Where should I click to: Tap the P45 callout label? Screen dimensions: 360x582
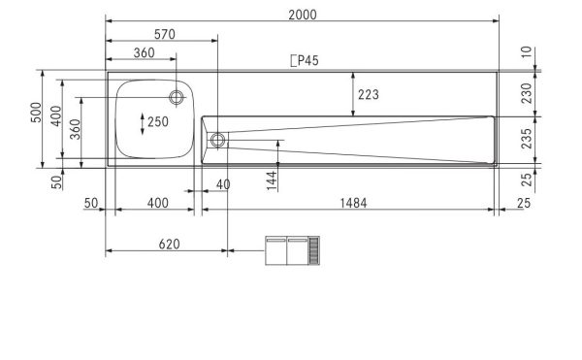pos(305,60)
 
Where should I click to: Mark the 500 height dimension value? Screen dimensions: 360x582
pos(36,118)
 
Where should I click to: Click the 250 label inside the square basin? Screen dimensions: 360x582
pos(158,121)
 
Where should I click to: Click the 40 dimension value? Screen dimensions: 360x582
pos(223,184)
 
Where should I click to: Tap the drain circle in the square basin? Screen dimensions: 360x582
pos(177,96)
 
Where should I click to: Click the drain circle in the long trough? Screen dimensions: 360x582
pos(217,140)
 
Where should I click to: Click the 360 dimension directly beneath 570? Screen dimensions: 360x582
pos(145,54)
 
